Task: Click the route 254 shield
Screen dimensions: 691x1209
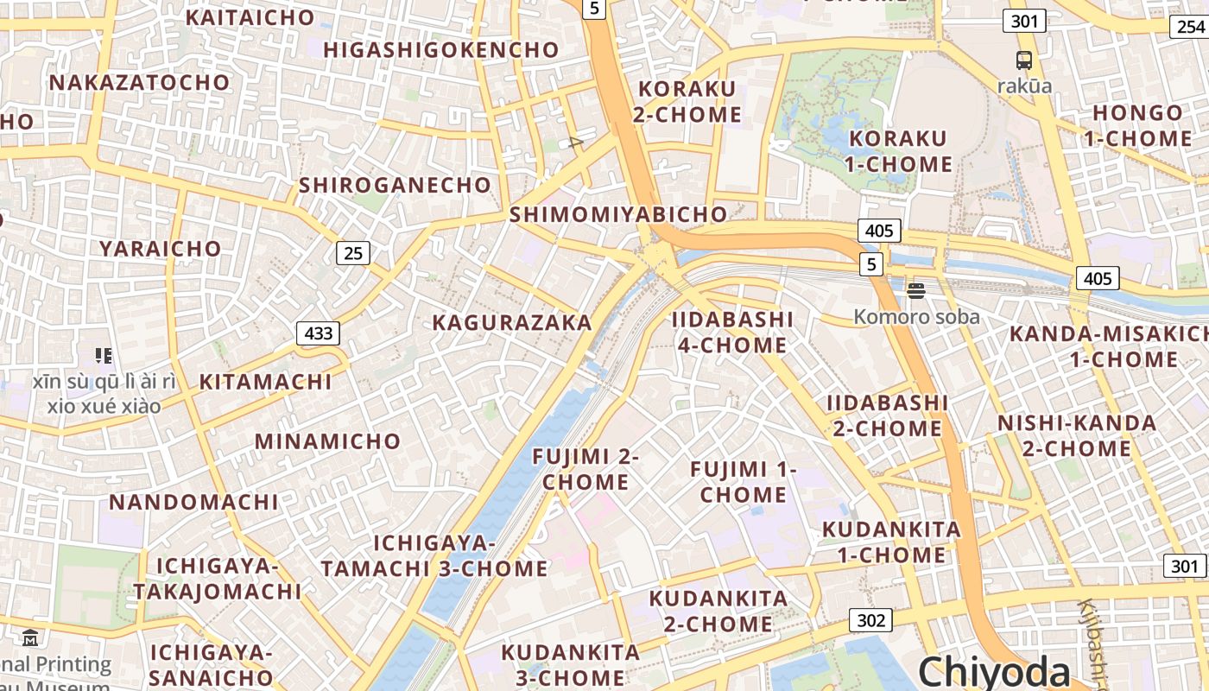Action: click(x=1190, y=27)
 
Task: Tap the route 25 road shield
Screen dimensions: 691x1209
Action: click(x=352, y=253)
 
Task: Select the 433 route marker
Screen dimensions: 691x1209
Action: click(x=318, y=333)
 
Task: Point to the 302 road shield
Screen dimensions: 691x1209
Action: click(x=870, y=620)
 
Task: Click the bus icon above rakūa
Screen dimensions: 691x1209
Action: click(x=1024, y=60)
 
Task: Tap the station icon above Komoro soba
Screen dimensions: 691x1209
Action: click(x=916, y=291)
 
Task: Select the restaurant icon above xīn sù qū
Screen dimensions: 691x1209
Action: click(x=104, y=355)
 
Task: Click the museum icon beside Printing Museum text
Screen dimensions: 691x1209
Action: click(x=31, y=639)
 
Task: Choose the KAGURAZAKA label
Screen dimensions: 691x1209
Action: click(x=512, y=323)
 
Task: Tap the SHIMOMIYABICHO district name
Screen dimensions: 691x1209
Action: click(x=618, y=214)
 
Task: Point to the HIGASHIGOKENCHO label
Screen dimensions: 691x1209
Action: click(x=441, y=50)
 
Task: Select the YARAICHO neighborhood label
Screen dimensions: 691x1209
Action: click(x=161, y=249)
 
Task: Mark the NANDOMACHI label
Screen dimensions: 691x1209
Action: click(x=193, y=502)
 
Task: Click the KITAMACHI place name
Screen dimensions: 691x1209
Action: click(x=266, y=382)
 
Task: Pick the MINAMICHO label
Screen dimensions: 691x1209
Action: click(x=327, y=441)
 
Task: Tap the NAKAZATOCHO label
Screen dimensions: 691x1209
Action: click(x=140, y=83)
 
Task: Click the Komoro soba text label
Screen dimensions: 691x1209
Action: click(x=916, y=317)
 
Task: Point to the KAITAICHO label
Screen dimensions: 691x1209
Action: click(x=250, y=17)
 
